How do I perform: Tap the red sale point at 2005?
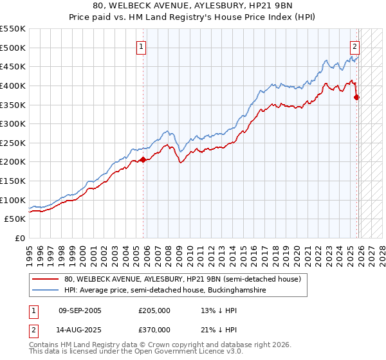point(143,160)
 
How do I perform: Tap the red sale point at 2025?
point(357,98)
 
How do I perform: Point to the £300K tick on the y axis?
point(14,123)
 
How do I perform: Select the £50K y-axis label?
point(16,219)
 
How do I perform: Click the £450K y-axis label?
point(14,66)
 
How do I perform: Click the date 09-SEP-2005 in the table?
point(80,310)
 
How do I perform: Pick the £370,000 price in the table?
point(154,329)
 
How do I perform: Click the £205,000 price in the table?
point(154,310)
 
